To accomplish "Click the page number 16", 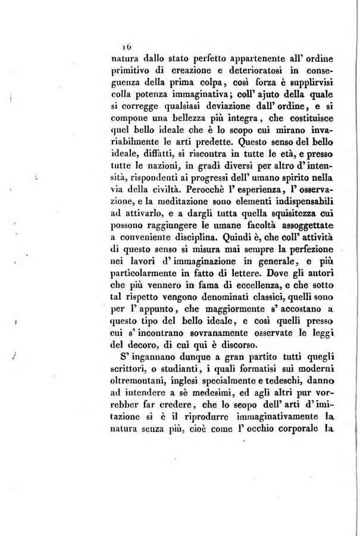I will pyautogui.click(x=126, y=45).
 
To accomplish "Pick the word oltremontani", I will pyautogui.click(x=140, y=385).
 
